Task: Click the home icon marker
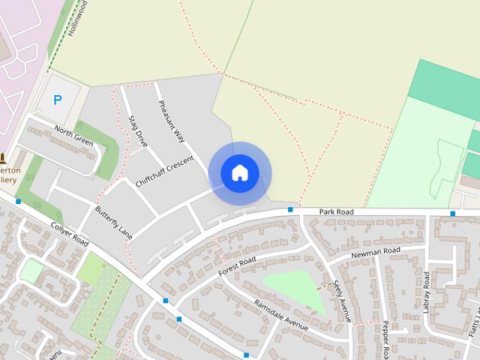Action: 240,173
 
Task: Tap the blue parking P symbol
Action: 57,100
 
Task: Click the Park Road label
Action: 335,212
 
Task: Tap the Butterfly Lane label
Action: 114,222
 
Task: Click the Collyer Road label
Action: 70,233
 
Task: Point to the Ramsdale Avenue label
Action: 281,315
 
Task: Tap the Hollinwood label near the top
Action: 76,19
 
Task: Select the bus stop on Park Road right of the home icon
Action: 290,210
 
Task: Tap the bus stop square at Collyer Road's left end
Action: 18,201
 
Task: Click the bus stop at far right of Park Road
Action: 452,214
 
